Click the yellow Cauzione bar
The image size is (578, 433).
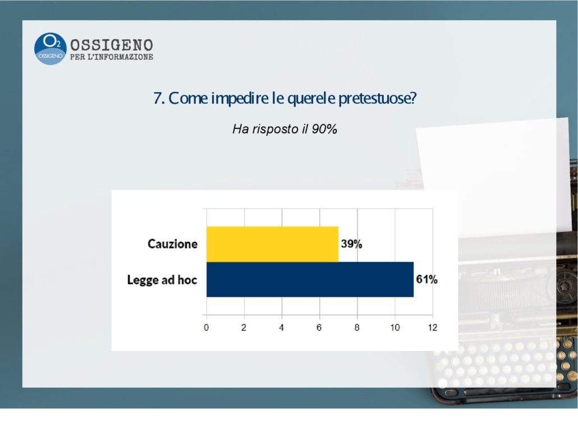(x=272, y=244)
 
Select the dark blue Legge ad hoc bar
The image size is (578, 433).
(x=310, y=279)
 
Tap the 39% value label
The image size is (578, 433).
(x=351, y=244)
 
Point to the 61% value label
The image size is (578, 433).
(x=427, y=279)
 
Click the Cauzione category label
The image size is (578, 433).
(x=172, y=244)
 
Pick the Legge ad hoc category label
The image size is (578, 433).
(x=162, y=280)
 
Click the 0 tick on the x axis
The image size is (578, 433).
(x=206, y=328)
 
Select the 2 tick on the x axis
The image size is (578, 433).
(x=244, y=328)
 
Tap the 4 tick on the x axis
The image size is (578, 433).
(x=281, y=328)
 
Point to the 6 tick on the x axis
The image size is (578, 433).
(x=319, y=328)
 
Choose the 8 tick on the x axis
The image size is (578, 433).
(x=357, y=328)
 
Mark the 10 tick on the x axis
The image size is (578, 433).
(x=395, y=328)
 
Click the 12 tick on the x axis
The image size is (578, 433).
(x=433, y=328)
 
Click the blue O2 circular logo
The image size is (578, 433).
(x=50, y=49)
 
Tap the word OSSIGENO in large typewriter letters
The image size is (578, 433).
(x=112, y=45)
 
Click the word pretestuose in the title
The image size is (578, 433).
(x=378, y=98)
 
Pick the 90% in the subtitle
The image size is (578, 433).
(x=324, y=129)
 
